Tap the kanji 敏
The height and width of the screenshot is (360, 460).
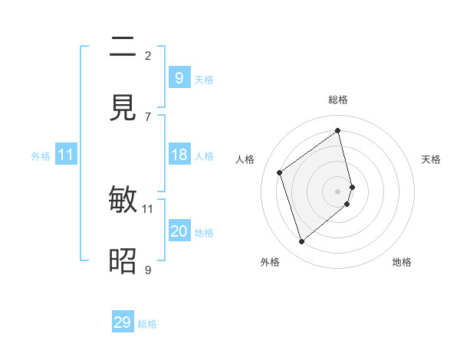123,200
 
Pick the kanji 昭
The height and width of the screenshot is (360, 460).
123,261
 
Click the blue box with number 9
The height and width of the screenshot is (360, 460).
179,78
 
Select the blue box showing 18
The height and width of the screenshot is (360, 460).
179,155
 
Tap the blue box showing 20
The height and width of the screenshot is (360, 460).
179,231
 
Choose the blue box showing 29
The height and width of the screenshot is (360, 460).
123,322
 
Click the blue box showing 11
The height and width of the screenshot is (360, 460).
66,155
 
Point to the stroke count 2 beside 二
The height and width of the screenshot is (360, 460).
148,56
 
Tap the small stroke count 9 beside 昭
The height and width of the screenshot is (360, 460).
148,270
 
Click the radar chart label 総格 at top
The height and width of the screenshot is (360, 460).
338,100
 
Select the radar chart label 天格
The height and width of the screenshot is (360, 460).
431,159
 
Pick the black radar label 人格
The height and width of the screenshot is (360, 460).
245,159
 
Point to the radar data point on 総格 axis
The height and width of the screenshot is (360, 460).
338,130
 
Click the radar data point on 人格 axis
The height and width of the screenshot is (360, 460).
280,172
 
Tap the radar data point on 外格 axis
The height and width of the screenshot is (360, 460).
301,242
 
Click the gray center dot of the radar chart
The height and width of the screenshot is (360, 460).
338,191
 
